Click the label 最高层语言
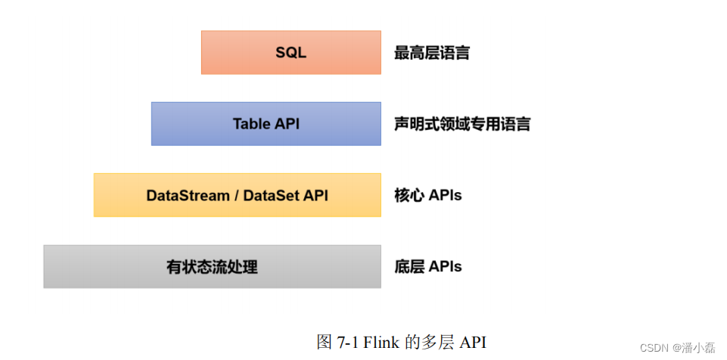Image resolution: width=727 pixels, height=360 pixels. pyautogui.click(x=431, y=53)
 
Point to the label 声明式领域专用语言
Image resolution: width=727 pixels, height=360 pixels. pyautogui.click(x=461, y=124)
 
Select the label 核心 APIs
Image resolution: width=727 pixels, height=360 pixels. pyautogui.click(x=427, y=195)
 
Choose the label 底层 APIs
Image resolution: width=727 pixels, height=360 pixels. pyautogui.click(x=427, y=266)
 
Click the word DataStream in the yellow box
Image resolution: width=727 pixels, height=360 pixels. pyautogui.click(x=188, y=195)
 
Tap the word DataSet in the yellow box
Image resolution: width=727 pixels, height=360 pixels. pyautogui.click(x=271, y=195)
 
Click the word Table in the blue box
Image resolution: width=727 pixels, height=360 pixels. pyautogui.click(x=251, y=123)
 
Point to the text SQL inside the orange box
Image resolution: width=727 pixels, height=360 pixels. pyautogui.click(x=290, y=53)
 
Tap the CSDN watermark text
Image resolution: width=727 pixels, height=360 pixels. pyautogui.click(x=655, y=347)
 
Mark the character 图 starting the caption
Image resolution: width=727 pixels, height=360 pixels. pyautogui.click(x=324, y=341)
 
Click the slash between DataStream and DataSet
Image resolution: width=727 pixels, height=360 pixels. pyautogui.click(x=237, y=195)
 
